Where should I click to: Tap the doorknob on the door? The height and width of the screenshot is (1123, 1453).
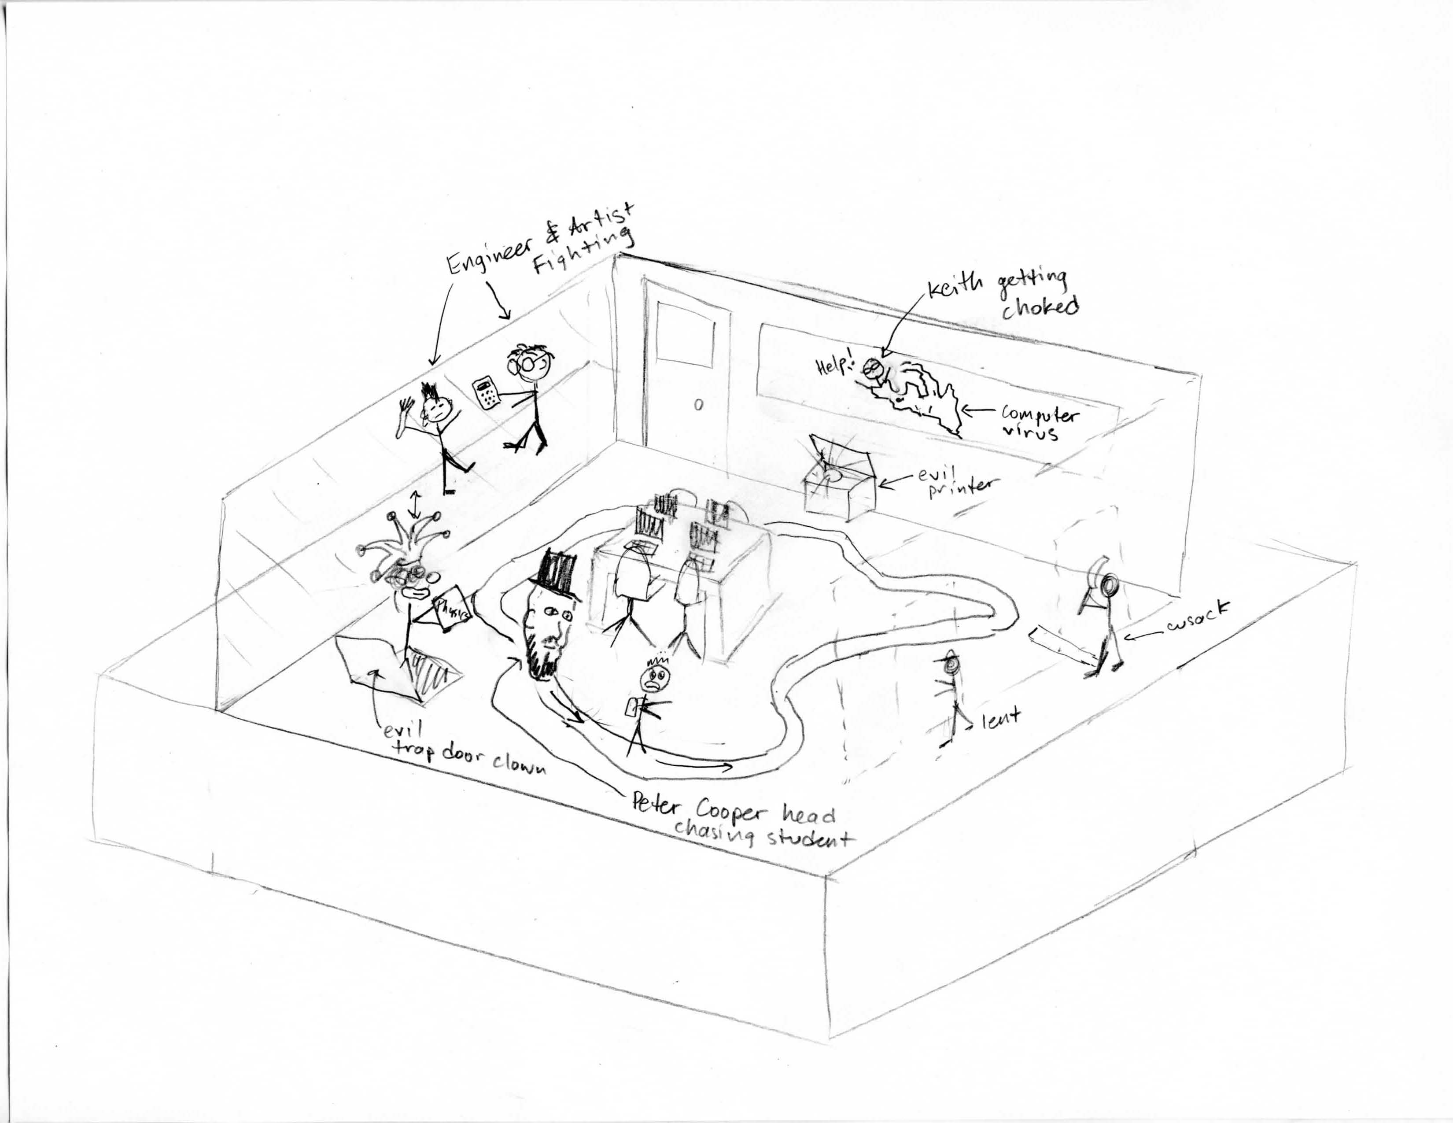click(697, 404)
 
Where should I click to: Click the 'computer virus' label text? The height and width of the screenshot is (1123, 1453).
click(1039, 423)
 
